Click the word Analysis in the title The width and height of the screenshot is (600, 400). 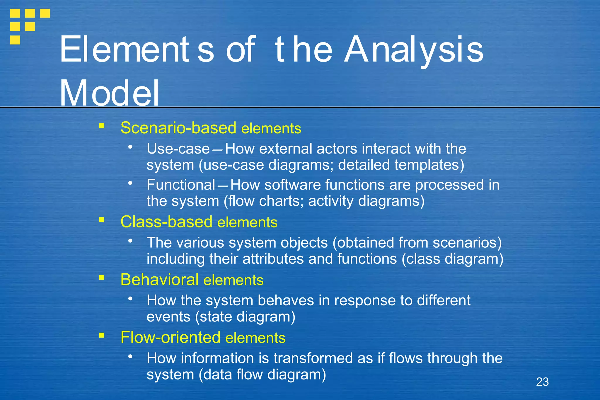tap(413, 50)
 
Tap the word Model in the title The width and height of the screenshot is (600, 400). tap(109, 93)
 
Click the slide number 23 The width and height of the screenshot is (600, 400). tap(542, 382)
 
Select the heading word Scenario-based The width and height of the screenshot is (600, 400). tap(178, 128)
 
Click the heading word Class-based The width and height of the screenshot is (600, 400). tap(166, 222)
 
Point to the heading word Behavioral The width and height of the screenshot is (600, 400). tap(159, 280)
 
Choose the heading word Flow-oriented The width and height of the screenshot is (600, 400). tap(170, 337)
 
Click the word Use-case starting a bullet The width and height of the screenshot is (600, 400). tap(178, 149)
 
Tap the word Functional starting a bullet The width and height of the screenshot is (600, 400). tap(181, 185)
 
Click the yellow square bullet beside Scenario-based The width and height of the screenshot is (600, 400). tap(102, 126)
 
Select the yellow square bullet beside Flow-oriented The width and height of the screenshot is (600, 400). tap(102, 335)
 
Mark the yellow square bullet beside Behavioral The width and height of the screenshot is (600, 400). tap(102, 278)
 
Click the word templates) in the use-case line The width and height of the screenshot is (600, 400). tap(429, 165)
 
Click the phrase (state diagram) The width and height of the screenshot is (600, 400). tap(245, 317)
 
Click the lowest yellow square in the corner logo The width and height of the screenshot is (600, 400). tap(15, 40)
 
